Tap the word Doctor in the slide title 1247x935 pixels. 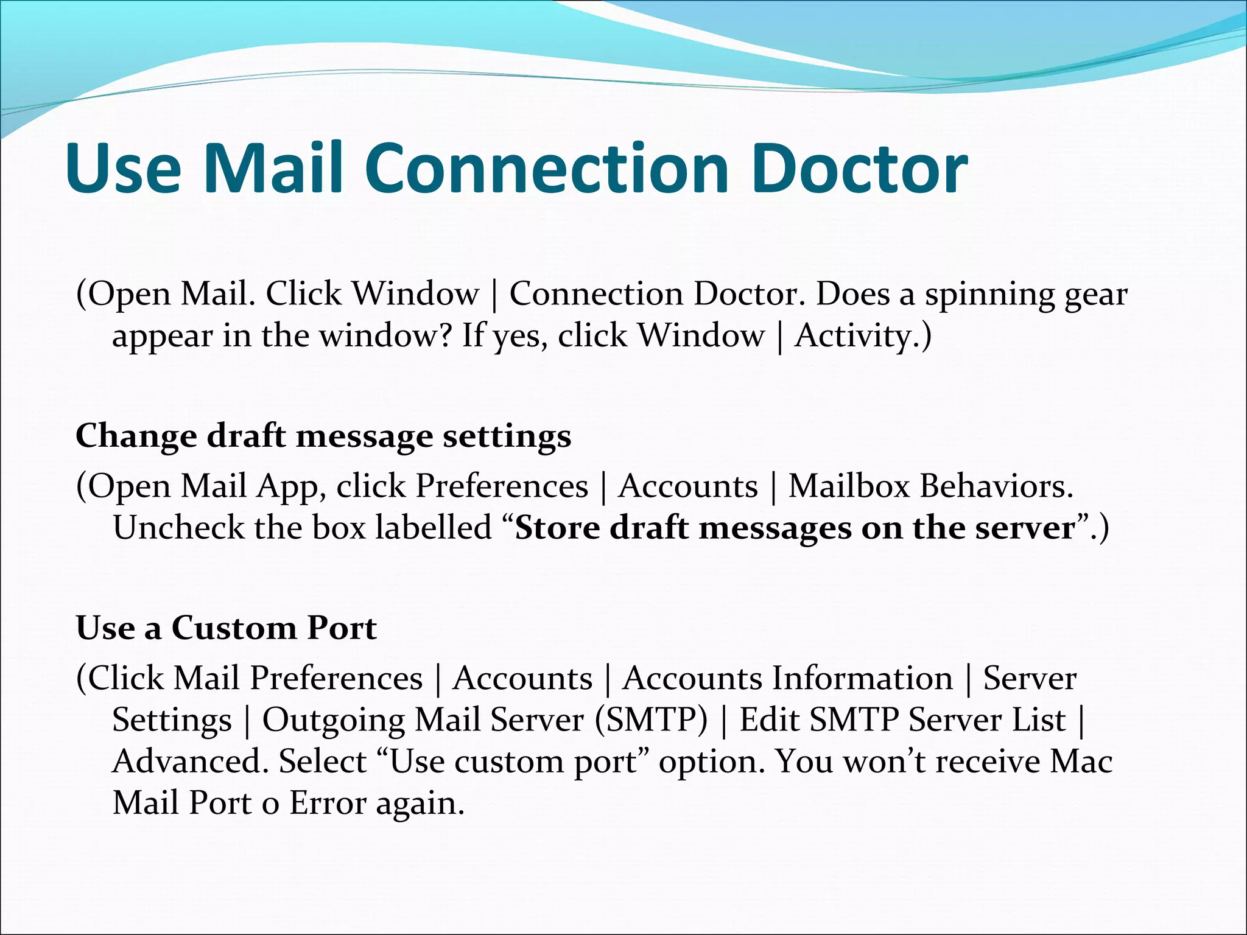(859, 169)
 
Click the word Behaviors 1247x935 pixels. (996, 486)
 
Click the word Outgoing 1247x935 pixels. (333, 721)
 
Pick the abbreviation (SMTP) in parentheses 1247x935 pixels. (651, 720)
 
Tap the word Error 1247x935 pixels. (327, 803)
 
